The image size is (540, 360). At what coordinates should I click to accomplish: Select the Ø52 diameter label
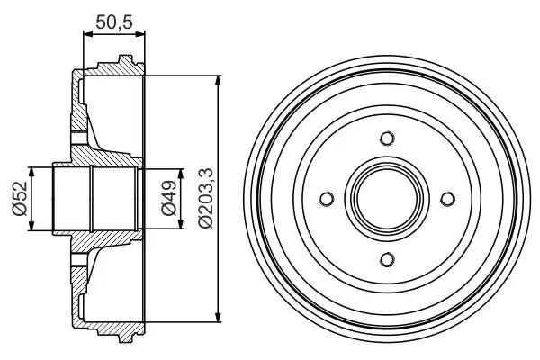coord(17,199)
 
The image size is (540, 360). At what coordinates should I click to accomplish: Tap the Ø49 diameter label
coord(166,199)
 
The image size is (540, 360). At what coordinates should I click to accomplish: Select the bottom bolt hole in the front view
coord(387,259)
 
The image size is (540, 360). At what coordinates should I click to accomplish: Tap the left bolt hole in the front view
coord(327,199)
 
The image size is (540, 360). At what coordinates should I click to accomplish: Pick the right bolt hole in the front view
coord(447,199)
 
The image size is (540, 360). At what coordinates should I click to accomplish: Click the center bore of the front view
coord(387,199)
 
